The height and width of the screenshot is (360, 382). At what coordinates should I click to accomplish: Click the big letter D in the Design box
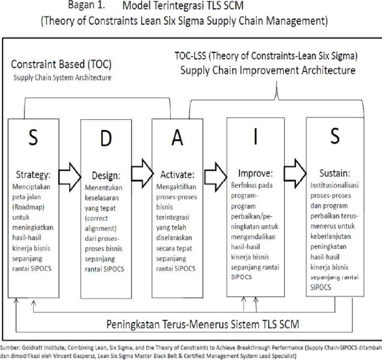coord(106,138)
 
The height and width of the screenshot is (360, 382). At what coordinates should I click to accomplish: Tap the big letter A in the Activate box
coord(177,137)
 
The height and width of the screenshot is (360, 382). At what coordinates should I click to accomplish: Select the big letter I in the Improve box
coord(255,137)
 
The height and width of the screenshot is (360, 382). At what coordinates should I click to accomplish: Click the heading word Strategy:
coord(33,175)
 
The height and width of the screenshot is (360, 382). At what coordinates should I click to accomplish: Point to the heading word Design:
coord(106,176)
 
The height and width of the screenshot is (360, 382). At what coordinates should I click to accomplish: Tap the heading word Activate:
coord(177,175)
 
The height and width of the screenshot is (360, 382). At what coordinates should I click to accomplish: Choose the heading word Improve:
coord(255,173)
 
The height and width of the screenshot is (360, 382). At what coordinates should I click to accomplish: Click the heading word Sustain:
coord(334,173)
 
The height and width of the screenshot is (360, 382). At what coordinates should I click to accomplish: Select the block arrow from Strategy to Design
coord(70,177)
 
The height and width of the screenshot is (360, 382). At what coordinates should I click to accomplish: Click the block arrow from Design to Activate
coord(143,173)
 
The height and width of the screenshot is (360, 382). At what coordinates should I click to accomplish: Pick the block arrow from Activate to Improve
coord(215,177)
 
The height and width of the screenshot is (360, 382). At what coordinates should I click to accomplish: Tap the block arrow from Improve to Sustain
coord(295,173)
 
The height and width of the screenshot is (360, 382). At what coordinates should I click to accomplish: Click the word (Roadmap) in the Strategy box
coord(28,207)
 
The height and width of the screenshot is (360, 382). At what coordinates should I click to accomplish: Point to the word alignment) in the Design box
coord(100,228)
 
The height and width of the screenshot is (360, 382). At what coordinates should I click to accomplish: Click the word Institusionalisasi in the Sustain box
coord(334,185)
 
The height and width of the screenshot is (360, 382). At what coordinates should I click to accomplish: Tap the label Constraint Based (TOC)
coord(61,64)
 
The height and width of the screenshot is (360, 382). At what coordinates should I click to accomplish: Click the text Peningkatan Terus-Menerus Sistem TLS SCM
coord(203,324)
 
